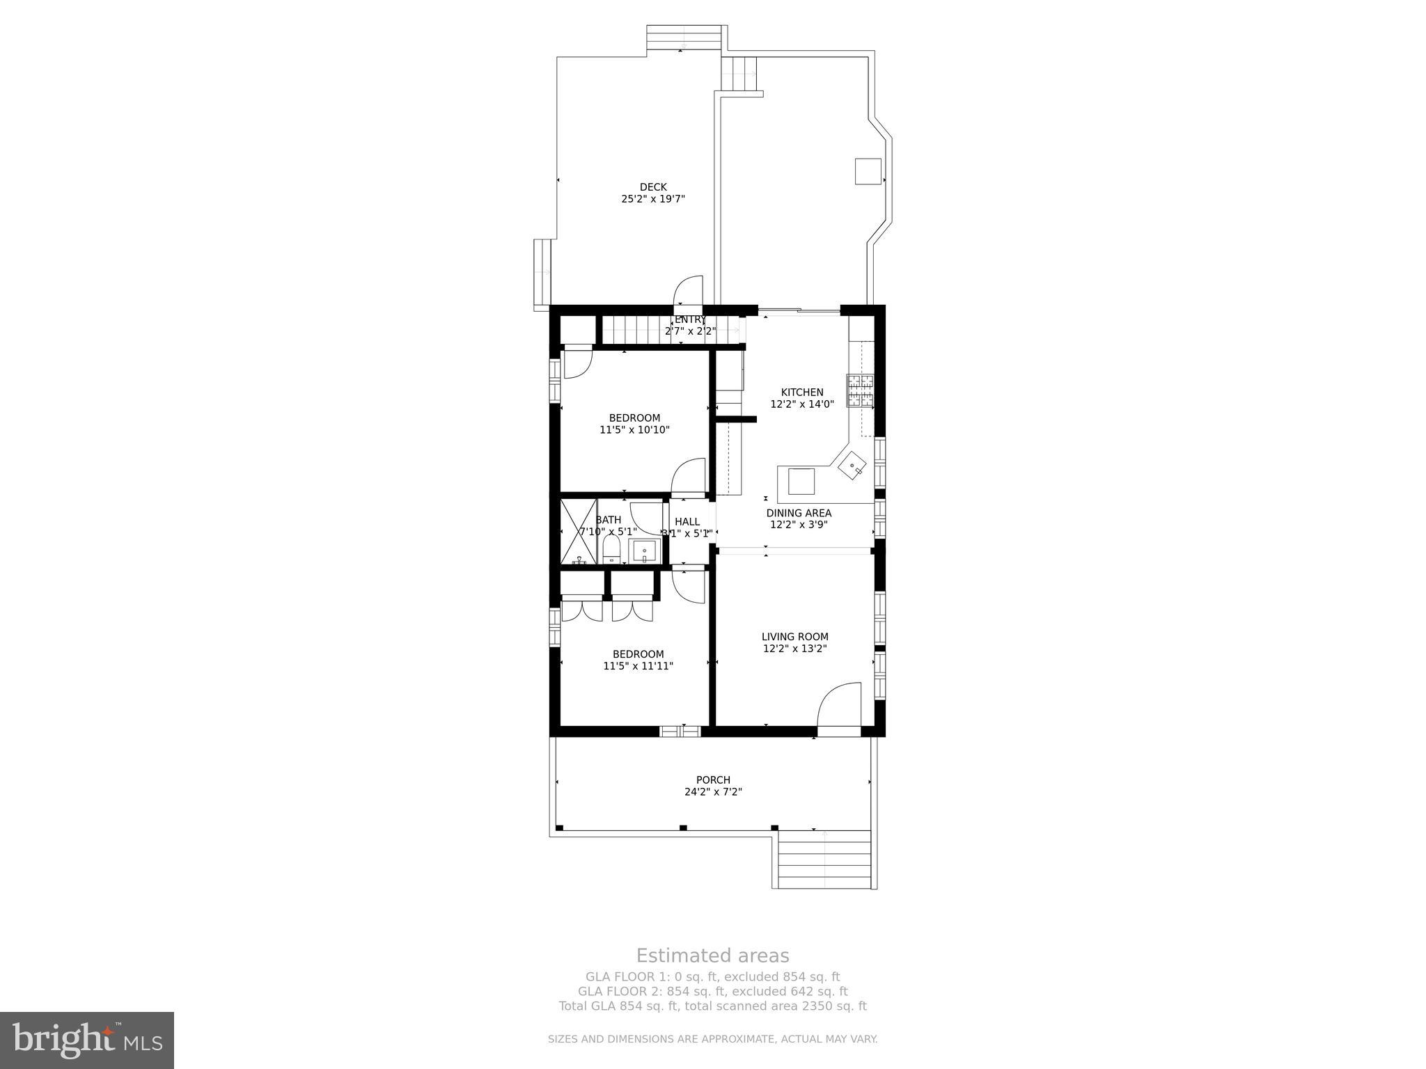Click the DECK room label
click(653, 187)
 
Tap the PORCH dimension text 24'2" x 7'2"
click(713, 792)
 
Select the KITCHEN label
click(801, 392)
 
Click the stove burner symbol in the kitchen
click(859, 390)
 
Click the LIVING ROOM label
click(794, 636)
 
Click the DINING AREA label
click(798, 513)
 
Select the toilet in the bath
click(611, 550)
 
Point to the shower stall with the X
click(579, 532)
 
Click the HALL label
click(687, 521)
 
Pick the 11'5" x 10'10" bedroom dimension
click(634, 430)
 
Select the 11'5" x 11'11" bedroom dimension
click(638, 666)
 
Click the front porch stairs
click(824, 860)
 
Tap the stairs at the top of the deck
click(684, 38)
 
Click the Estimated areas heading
click(712, 956)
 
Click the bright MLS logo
click(87, 1040)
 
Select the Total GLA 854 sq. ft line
click(712, 1006)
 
